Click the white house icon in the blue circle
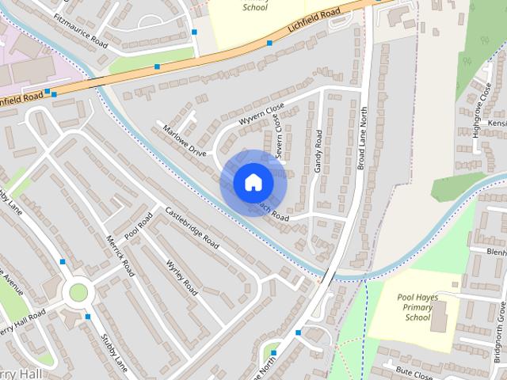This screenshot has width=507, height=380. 253,182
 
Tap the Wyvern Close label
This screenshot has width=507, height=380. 261,115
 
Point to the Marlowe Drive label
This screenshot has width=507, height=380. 185,139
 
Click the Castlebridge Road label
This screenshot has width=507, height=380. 192,228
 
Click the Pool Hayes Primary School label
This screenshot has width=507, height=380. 417,307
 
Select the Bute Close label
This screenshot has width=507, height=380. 415,368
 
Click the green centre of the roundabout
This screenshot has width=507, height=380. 78,292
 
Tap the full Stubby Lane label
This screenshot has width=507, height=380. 114,352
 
